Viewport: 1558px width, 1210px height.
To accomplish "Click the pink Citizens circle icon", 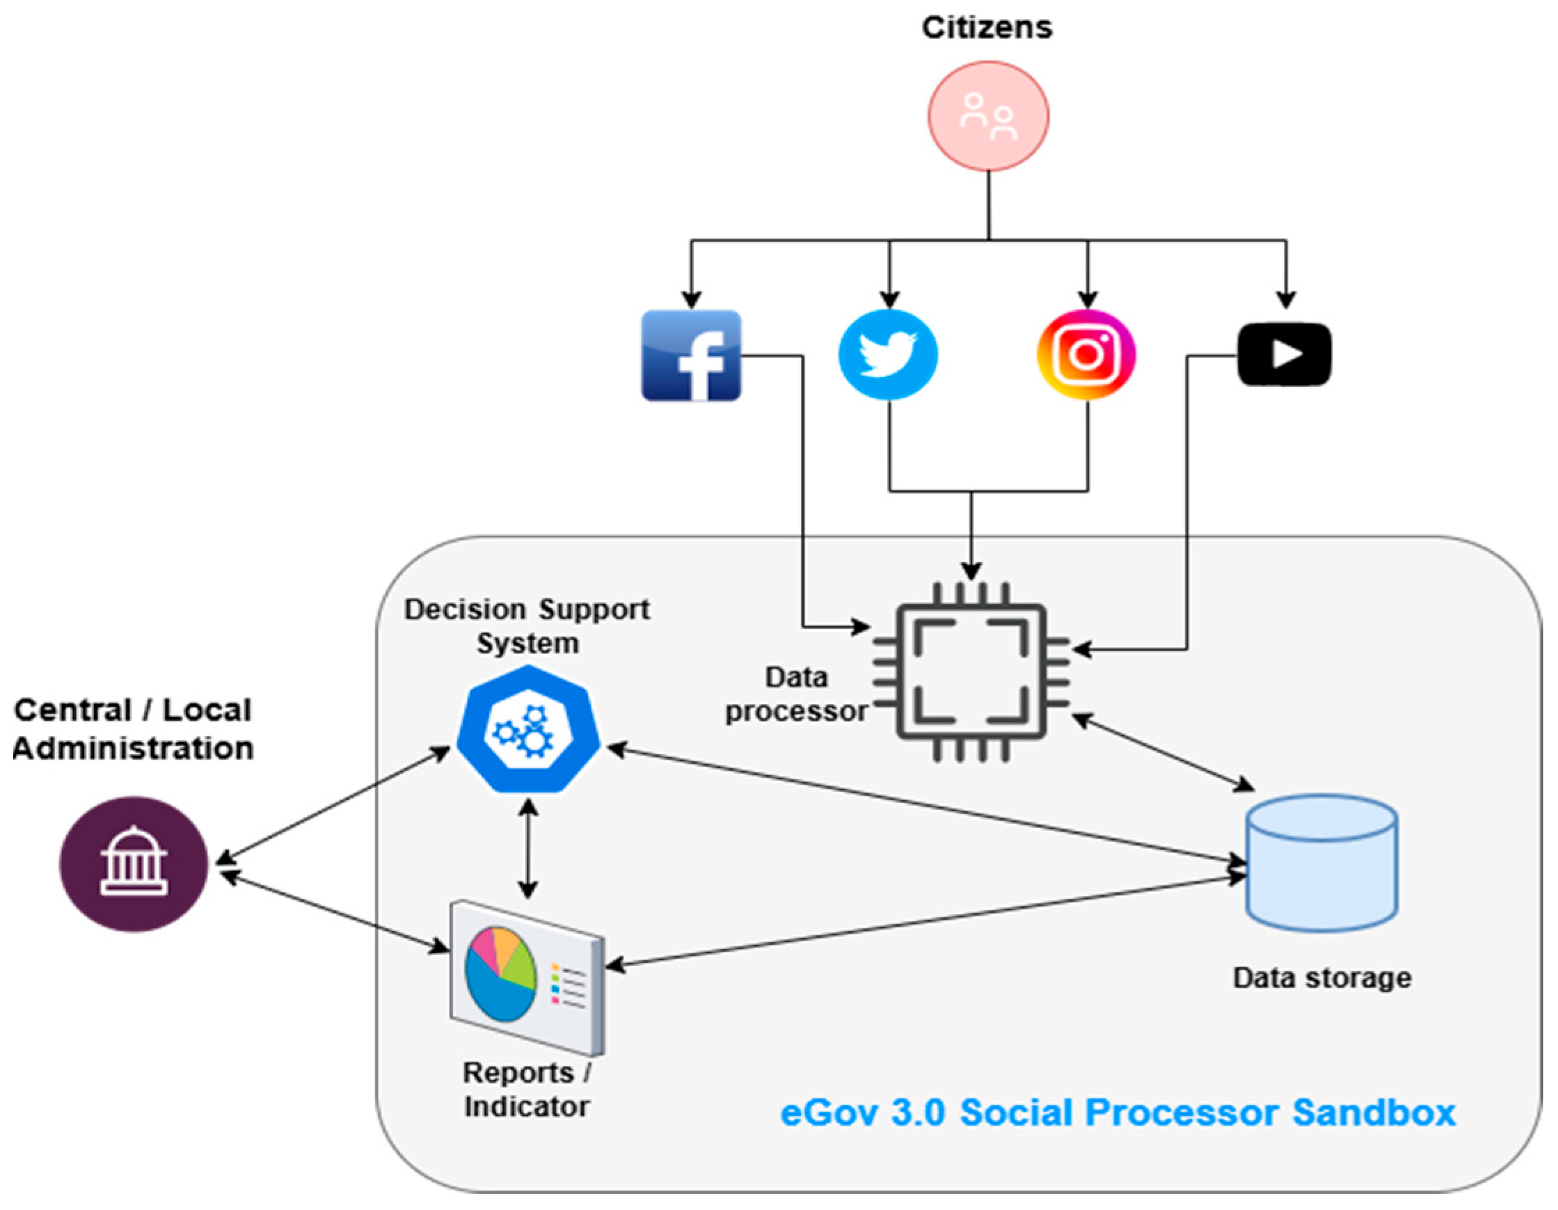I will [x=988, y=116].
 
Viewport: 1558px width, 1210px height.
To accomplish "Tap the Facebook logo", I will [x=691, y=356].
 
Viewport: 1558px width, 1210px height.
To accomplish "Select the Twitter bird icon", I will [x=888, y=355].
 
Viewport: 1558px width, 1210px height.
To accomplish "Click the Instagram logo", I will [x=1086, y=355].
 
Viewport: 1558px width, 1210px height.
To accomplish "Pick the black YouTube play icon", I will [x=1284, y=355].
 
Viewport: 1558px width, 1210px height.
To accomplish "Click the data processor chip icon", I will [x=971, y=672].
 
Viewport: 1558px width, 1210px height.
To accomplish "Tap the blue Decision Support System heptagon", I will [x=528, y=729].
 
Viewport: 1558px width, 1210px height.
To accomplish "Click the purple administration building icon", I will [x=134, y=864].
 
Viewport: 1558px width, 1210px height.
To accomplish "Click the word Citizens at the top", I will [x=987, y=28].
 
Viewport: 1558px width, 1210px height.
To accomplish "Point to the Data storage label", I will [x=1322, y=978].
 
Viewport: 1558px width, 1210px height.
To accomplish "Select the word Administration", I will [x=134, y=749].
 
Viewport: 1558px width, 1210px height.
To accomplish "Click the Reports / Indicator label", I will [x=527, y=1090].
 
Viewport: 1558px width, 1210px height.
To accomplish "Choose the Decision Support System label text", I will [x=527, y=626].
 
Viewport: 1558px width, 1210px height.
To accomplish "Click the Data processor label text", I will [x=796, y=694].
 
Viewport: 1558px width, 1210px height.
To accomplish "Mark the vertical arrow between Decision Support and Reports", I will [x=528, y=848].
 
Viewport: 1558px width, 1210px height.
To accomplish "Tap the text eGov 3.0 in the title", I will [x=862, y=1113].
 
